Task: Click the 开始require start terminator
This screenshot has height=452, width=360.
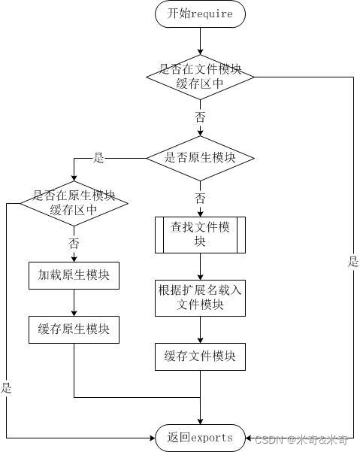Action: [200, 14]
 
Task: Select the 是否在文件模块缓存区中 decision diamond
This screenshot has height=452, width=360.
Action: [200, 76]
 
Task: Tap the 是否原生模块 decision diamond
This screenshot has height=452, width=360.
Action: [200, 158]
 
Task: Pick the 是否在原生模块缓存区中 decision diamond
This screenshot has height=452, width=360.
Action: [74, 202]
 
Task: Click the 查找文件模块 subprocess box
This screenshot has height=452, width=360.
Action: [200, 235]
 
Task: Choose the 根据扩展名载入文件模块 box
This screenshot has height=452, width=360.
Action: [200, 296]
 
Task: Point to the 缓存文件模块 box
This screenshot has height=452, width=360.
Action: [200, 356]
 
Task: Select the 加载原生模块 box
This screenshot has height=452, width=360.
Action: [74, 275]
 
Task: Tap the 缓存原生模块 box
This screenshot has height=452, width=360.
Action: [74, 329]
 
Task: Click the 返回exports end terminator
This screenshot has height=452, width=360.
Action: [200, 437]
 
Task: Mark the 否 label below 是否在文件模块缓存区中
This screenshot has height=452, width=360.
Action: [200, 117]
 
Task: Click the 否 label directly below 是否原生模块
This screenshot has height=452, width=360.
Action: [200, 198]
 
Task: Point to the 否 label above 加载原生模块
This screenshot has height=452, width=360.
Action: [74, 243]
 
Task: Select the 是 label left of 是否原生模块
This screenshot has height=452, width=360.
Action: [98, 158]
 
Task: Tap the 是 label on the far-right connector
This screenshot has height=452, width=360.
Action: [353, 262]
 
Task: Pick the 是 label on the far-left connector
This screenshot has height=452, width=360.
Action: [7, 388]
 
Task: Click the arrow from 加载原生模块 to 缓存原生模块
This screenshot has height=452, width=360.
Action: [74, 302]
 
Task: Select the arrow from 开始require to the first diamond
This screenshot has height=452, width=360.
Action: [200, 41]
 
